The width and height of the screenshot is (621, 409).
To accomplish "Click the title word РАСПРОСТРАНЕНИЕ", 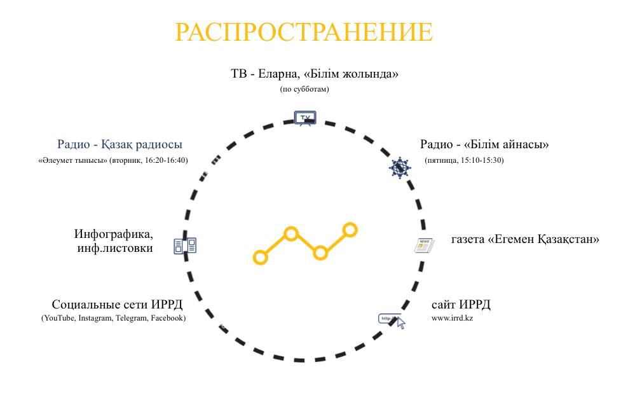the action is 304,32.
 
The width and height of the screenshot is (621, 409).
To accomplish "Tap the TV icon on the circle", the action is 305,118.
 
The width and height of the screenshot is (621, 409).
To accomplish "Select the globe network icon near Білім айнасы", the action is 400,168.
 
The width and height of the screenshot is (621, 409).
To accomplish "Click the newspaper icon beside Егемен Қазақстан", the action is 424,246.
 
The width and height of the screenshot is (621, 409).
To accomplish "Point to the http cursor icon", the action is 392,321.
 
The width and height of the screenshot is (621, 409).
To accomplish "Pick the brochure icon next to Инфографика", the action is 185,246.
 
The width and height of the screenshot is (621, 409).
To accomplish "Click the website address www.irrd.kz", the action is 452,318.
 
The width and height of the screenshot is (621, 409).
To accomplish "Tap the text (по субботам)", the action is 304,89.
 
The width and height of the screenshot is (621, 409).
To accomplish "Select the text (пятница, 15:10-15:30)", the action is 464,160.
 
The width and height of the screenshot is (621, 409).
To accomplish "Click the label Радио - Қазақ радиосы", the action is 119,144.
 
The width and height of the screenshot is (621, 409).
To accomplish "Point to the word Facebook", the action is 168,318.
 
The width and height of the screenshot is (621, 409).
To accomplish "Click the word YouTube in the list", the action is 58,318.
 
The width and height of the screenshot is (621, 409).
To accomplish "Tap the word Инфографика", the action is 114,234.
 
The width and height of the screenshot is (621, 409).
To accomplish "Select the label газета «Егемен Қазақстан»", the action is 525,239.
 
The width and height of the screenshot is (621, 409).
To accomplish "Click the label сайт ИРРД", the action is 461,305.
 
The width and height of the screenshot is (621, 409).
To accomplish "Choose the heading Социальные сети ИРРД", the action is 117,305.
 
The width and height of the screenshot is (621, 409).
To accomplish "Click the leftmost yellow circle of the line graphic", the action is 260,257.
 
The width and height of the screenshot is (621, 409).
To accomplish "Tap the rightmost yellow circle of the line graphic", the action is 350,230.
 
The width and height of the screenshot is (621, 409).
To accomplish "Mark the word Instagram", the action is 95,318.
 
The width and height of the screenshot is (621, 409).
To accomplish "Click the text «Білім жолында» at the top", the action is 351,74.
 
